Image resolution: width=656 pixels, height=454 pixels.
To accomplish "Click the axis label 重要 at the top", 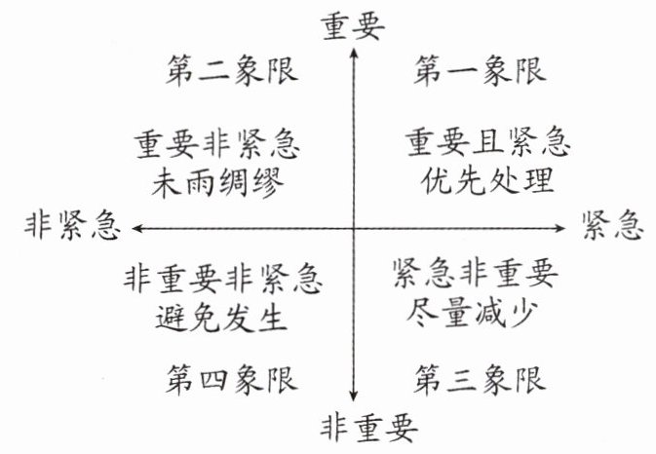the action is click(354, 27).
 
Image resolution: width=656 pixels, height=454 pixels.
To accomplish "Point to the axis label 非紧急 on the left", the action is click(71, 228).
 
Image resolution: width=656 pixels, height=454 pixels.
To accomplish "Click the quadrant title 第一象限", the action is click(481, 70).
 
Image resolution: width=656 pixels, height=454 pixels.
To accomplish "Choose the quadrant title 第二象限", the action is click(231, 70).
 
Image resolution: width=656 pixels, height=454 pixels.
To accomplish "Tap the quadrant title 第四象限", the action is click(231, 376).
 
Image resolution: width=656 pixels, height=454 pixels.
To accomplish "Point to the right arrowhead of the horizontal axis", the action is click(562, 228).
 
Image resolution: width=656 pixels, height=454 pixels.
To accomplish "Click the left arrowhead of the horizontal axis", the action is click(135, 228).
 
